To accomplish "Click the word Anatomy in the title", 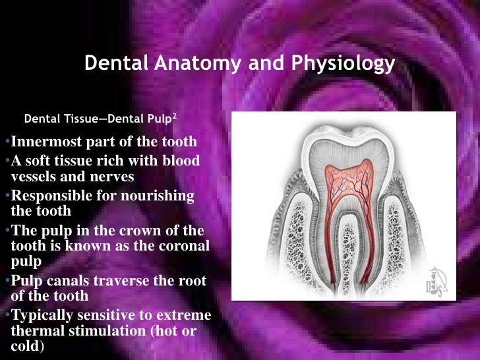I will coord(192,64).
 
